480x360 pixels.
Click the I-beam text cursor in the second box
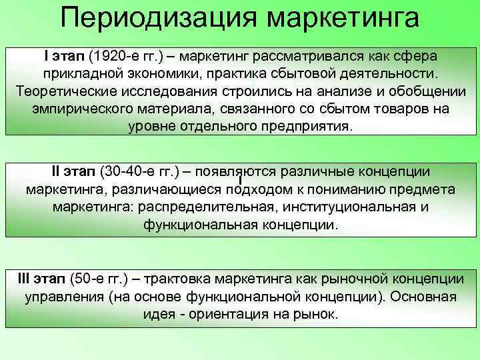coord(239,179)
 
